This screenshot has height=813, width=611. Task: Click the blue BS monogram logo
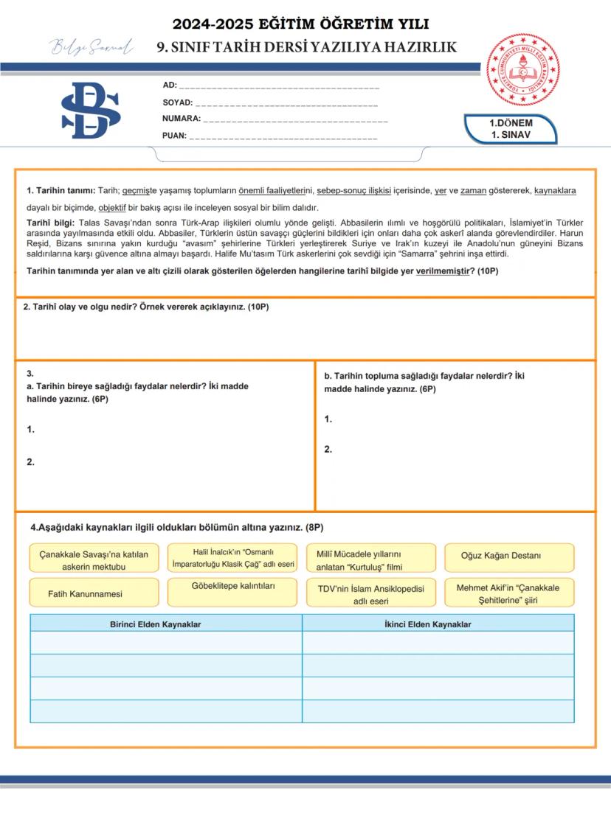coord(91,111)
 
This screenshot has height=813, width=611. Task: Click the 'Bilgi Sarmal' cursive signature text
coord(92,49)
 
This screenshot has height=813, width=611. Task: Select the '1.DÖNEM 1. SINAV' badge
coord(511,129)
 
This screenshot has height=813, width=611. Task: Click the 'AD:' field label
coord(169,86)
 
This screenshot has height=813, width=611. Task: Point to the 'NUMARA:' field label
coord(181,119)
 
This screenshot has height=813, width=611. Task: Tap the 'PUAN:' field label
coord(174,136)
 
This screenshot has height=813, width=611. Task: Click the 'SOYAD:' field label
coord(177,102)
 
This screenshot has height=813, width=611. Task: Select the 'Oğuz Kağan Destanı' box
coord(509,556)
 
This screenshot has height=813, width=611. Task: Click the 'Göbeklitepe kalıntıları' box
coord(232,587)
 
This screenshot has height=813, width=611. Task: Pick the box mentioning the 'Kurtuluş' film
coord(370,559)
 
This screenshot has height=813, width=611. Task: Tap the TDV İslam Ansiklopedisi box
coord(370,594)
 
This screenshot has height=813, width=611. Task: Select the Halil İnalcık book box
coord(232,558)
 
